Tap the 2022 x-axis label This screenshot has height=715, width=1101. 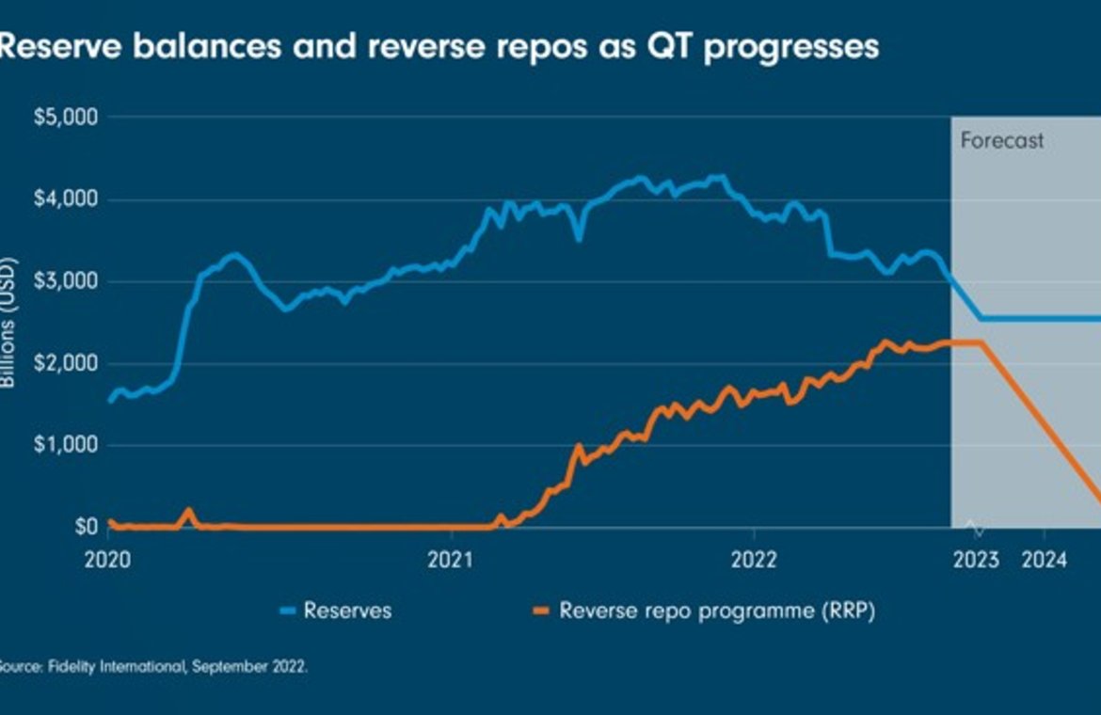point(754,560)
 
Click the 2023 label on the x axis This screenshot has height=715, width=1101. point(976,560)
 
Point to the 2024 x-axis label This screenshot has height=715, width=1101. point(1044,560)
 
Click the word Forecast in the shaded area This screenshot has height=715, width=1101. point(1002,141)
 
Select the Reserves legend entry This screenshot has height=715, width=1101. point(346,611)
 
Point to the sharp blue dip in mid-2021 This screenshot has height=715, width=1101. point(580,238)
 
